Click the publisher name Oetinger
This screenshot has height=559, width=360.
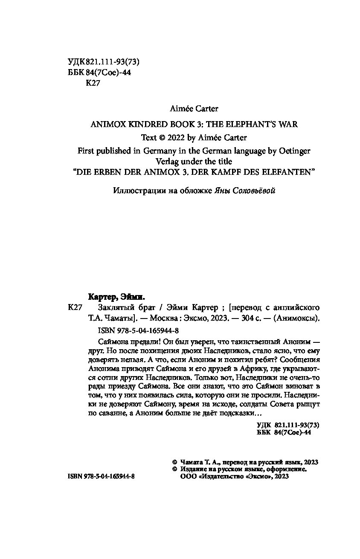(294, 151)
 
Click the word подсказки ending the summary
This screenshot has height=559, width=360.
(239, 414)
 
